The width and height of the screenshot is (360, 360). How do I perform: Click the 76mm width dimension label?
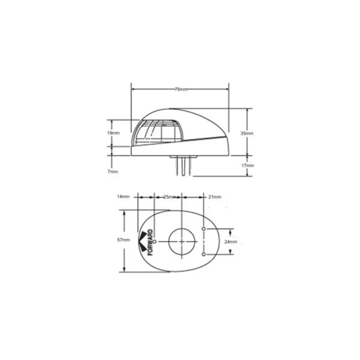pos(181,89)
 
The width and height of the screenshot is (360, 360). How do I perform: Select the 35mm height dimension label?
pos(247,133)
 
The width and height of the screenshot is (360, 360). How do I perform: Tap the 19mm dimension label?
pos(113,133)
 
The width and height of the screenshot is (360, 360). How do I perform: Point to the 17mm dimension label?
pos(248,166)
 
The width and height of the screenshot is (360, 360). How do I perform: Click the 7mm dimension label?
pos(113,172)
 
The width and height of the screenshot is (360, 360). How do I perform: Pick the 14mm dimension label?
pos(123,197)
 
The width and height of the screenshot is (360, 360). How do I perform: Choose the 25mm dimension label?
pos(170,197)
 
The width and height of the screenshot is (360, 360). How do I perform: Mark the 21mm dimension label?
pos(215,197)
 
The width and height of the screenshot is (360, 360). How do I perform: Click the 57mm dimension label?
pos(124,240)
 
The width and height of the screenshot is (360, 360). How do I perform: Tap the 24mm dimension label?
pos(231,242)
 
